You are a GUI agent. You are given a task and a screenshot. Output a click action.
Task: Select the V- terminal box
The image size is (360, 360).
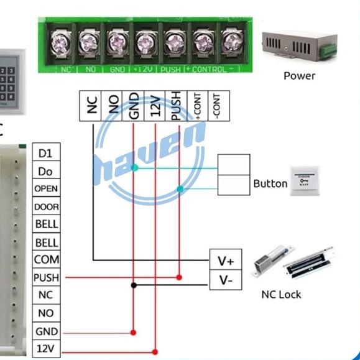click(226, 280)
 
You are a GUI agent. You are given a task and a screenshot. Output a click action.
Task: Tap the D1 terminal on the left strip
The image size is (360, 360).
click(46, 153)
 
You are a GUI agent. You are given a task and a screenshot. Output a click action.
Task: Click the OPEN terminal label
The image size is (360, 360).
click(46, 188)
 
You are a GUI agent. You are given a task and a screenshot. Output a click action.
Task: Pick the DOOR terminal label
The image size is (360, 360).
click(46, 206)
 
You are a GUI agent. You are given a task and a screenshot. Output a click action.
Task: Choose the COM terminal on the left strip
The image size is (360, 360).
click(46, 260)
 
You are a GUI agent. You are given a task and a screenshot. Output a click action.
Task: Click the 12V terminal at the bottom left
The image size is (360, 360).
click(46, 348)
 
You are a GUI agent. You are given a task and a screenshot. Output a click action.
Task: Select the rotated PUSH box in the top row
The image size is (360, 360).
click(175, 107)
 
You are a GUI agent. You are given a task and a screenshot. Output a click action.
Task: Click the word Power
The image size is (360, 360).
click(299, 76)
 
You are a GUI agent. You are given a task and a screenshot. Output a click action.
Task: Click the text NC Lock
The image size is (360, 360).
click(281, 294)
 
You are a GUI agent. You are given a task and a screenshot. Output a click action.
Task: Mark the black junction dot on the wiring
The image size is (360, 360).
click(133, 286)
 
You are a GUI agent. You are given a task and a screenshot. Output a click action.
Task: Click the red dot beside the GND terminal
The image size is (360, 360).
click(133, 332)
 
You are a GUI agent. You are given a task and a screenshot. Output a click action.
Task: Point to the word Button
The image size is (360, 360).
click(270, 184)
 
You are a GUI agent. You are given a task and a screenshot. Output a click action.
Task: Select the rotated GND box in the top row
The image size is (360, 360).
click(134, 107)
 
